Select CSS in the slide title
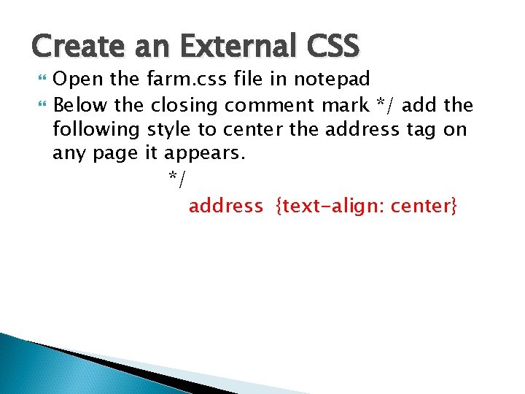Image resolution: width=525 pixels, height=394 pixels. pyautogui.click(x=332, y=47)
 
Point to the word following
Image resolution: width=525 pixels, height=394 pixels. pyautogui.click(x=96, y=131)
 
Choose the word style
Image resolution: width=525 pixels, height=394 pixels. pyautogui.click(x=168, y=131)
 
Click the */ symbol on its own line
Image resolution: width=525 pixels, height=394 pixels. pyautogui.click(x=175, y=179)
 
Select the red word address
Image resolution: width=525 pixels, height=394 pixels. pyautogui.click(x=225, y=206)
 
